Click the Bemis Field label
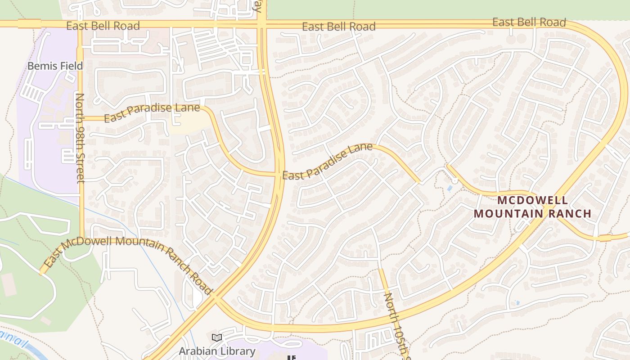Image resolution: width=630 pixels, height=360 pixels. [x=55, y=66]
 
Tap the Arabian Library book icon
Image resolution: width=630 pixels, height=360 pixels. [x=216, y=337]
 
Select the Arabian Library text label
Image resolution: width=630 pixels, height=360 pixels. [x=217, y=351]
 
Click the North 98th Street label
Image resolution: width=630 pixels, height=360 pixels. [x=80, y=138]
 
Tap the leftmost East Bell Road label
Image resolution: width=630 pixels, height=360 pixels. [x=103, y=26]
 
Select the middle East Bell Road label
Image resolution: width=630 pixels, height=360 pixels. [x=338, y=27]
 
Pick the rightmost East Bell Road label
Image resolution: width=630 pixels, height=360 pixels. [x=529, y=22]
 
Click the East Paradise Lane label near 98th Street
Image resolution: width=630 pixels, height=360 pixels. [x=152, y=112]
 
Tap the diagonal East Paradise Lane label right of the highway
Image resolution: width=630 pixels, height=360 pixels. [x=327, y=161]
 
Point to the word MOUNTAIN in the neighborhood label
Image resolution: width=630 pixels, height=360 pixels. [x=508, y=213]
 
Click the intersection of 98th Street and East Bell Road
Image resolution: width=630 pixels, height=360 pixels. [x=80, y=24]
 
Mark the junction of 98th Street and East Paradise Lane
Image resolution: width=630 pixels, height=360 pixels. [x=81, y=119]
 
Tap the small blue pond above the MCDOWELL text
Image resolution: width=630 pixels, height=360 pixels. [x=450, y=188]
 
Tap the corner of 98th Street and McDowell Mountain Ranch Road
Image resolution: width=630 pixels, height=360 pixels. [x=82, y=238]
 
